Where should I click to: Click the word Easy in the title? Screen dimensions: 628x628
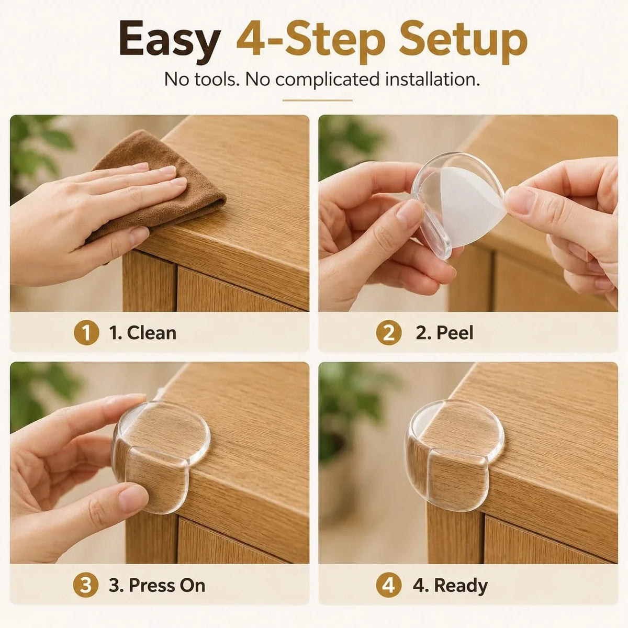(170, 42)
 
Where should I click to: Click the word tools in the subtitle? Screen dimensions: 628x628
(217, 79)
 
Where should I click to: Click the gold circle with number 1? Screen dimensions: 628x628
(86, 333)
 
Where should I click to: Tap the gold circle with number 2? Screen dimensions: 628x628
(388, 333)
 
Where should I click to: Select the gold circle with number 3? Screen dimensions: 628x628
(86, 585)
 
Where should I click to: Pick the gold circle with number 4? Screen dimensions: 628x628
(388, 585)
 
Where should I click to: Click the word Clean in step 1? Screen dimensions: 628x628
(152, 333)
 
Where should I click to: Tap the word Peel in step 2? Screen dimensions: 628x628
(455, 333)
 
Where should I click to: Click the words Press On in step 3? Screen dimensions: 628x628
(167, 585)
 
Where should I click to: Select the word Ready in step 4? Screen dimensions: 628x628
(461, 586)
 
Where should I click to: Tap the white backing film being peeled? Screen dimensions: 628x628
(473, 205)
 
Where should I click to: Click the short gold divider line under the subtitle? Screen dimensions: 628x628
(318, 100)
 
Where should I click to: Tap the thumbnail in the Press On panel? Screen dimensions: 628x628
(130, 497)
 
